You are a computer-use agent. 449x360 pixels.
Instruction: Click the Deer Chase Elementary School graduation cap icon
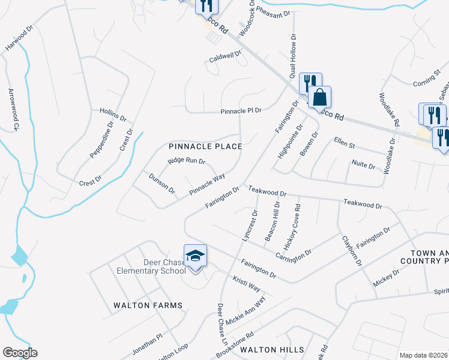[195, 257]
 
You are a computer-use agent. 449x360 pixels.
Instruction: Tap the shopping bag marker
[321, 97]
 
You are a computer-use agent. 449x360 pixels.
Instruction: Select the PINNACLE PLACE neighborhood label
[205, 146]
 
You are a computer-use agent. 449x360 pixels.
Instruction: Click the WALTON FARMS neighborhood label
[148, 305]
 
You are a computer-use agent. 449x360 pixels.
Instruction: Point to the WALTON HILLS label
[272, 349]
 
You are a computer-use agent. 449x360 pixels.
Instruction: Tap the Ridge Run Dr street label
[187, 161]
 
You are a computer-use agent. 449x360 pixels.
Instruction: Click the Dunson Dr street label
[162, 183]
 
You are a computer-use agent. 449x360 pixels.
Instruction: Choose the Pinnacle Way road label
[207, 184]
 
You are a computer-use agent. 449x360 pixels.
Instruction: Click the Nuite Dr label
[363, 166]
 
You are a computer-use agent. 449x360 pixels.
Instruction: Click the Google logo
[19, 353]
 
